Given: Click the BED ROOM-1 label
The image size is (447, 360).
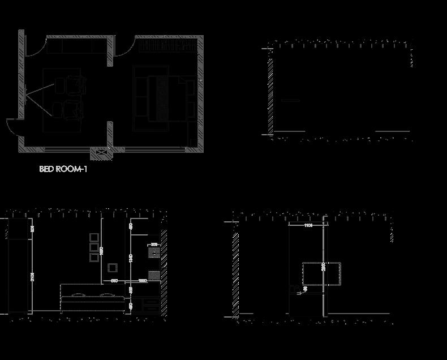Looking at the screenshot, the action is point(63,169).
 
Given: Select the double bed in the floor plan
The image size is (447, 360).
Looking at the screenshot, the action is point(165,97).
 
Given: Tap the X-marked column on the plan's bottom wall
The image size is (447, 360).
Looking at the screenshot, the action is point(102,152).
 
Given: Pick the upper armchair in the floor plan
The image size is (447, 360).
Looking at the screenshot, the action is point(75,84).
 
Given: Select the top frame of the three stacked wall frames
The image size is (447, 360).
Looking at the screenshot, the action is point(94,237).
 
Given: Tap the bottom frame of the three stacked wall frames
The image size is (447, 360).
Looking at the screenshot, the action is point(94,258).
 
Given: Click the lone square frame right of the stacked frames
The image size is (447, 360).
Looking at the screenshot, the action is point(113,267).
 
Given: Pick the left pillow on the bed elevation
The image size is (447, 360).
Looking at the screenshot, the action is point(78,295).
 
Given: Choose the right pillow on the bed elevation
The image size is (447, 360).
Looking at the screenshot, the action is point(106,295).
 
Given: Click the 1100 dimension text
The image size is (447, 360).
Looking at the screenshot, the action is point(308,226).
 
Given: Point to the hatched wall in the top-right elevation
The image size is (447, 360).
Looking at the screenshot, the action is point(271,93).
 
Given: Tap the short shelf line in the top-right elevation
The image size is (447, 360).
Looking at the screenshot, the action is point(290,100).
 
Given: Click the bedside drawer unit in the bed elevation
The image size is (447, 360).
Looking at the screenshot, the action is point(151,304).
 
